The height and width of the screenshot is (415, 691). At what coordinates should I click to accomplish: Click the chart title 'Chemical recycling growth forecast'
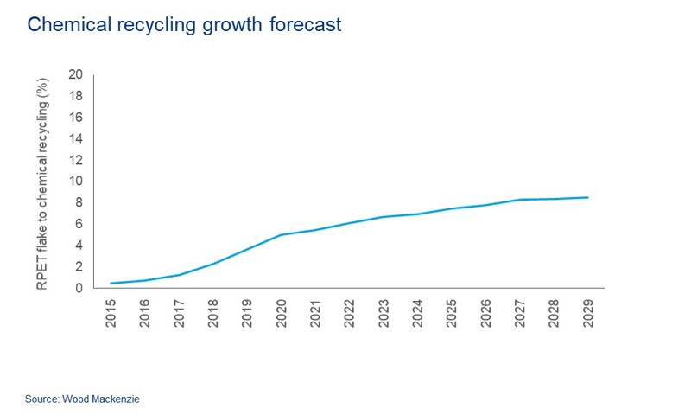click(184, 25)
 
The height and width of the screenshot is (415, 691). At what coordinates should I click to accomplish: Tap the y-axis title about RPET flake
click(42, 181)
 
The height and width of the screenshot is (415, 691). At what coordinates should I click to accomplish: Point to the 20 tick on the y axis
click(75, 74)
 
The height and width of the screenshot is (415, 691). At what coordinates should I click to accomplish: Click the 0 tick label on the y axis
click(79, 288)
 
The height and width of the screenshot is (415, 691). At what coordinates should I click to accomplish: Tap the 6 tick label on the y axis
click(79, 224)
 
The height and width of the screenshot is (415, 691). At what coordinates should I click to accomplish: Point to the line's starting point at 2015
click(111, 284)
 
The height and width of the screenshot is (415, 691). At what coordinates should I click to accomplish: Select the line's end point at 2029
click(587, 198)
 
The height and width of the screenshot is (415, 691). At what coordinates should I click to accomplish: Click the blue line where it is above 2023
click(384, 217)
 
